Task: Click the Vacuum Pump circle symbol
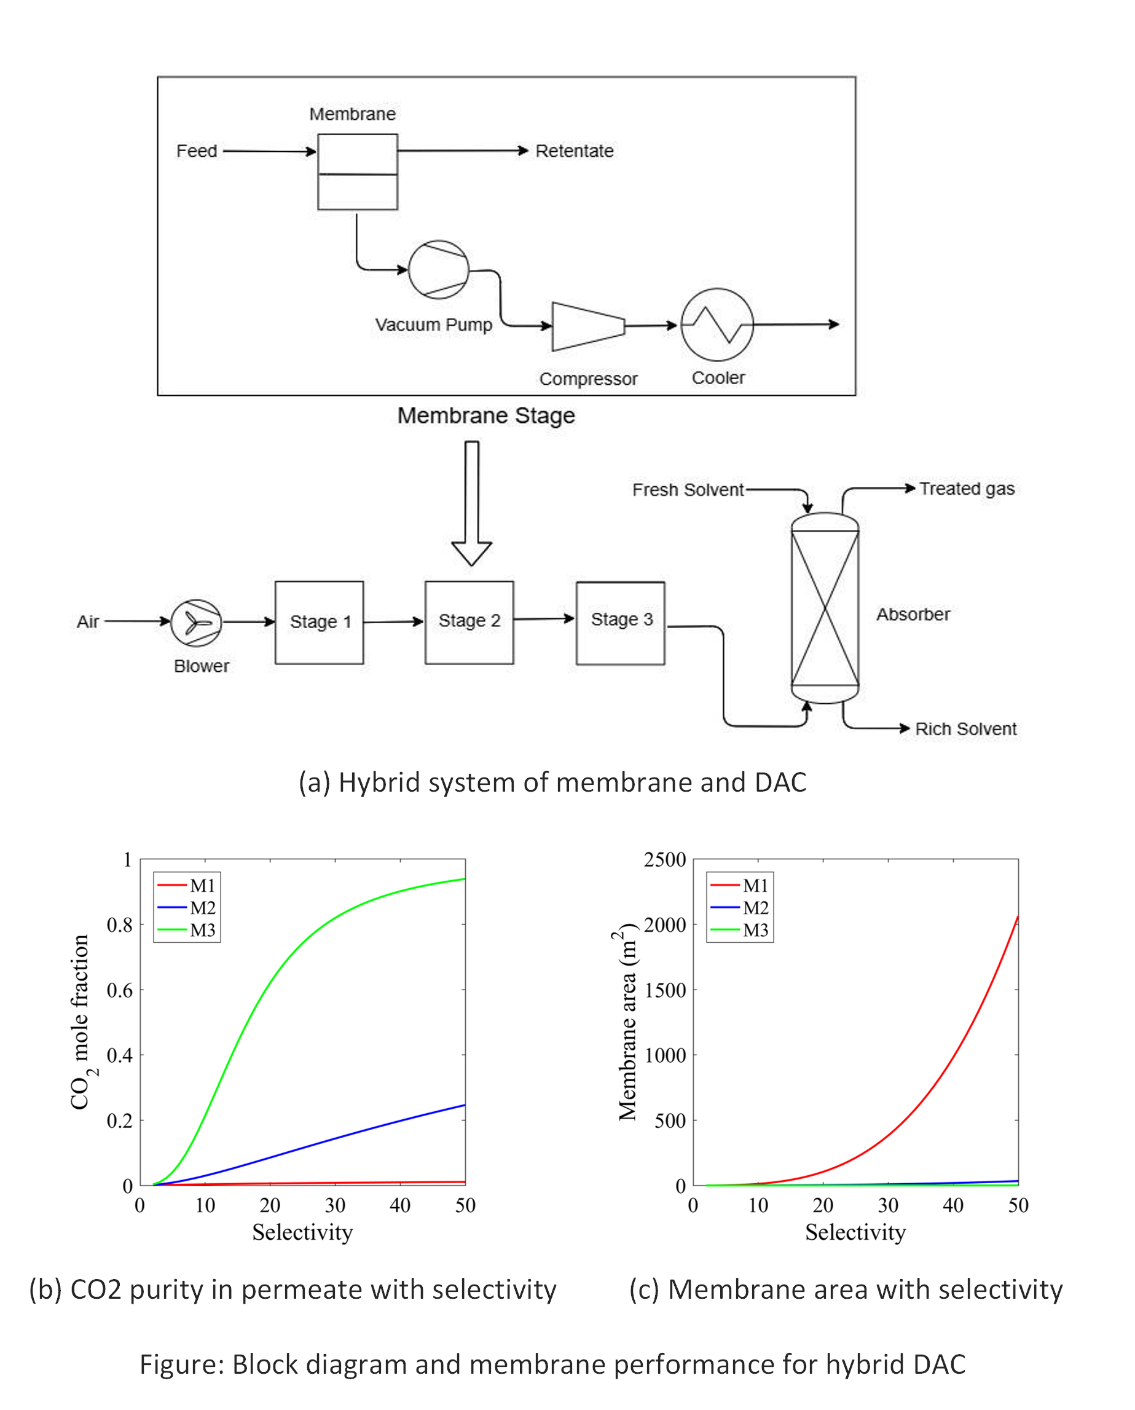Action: [438, 269]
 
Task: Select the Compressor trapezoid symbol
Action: [587, 326]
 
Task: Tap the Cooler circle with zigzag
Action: [717, 325]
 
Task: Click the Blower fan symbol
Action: [196, 622]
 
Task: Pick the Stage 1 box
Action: [319, 622]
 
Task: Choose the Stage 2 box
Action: [469, 622]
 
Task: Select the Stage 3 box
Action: [621, 622]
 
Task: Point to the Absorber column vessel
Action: [825, 609]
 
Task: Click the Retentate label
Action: [574, 151]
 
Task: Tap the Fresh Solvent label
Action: [688, 490]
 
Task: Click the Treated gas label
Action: [967, 489]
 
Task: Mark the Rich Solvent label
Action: [965, 728]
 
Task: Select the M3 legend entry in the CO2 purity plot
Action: [187, 930]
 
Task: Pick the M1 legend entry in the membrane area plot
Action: [740, 886]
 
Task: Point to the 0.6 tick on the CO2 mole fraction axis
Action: [120, 990]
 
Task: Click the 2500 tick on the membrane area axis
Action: [664, 859]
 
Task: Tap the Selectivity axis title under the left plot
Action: [302, 1232]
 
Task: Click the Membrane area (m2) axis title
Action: [627, 1022]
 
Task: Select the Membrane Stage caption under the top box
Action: [486, 416]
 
